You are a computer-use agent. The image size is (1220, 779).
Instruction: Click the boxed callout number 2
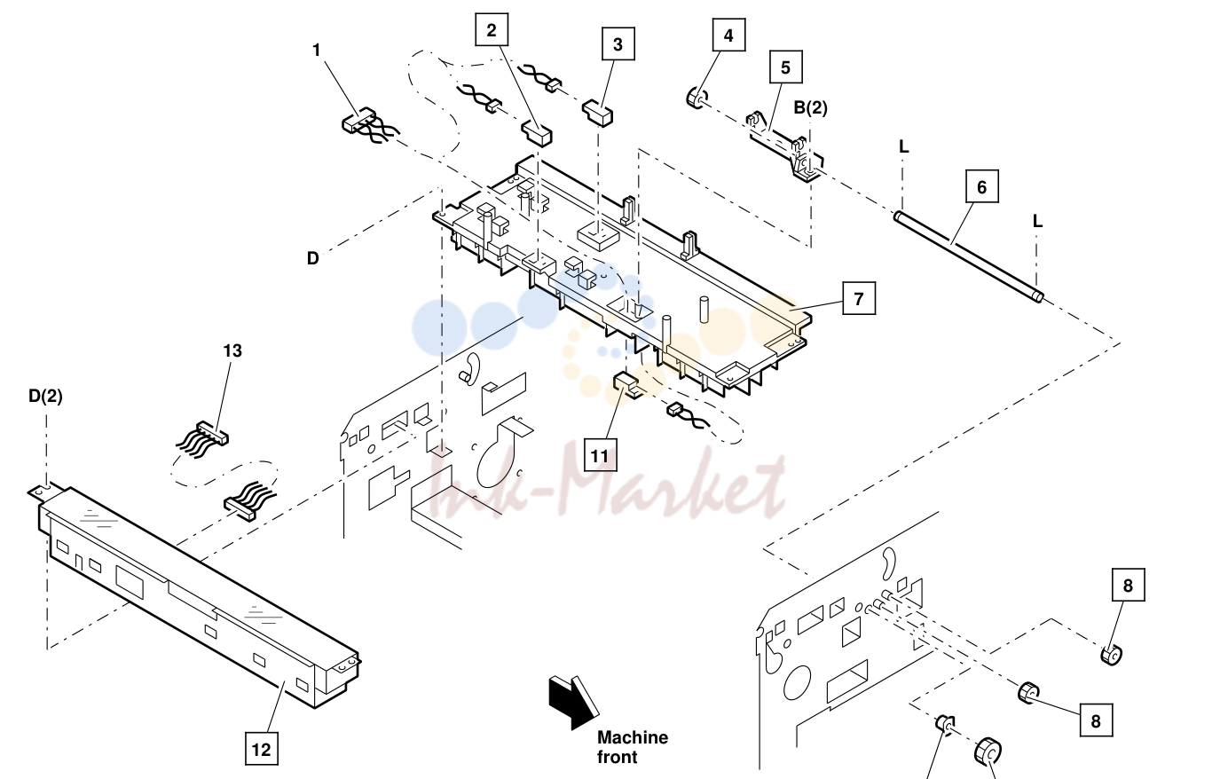point(492,30)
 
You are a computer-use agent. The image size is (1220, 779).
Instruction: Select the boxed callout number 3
point(618,44)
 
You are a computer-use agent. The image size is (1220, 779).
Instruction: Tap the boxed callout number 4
point(728,35)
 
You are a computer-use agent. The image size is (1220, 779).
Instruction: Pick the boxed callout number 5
point(785,67)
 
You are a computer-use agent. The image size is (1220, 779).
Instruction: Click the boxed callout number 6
point(982,186)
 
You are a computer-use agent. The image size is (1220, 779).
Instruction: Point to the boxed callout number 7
point(859,298)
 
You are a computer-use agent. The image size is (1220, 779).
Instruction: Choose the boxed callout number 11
point(600,455)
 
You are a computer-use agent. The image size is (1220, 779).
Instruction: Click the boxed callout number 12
point(262,749)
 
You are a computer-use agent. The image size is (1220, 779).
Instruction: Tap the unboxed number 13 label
point(232,350)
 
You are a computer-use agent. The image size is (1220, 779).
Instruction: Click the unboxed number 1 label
point(317,50)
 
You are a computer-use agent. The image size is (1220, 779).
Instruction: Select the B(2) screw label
point(810,108)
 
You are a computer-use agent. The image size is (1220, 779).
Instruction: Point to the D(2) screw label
point(45,396)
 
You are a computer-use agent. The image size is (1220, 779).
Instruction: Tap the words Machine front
point(633,747)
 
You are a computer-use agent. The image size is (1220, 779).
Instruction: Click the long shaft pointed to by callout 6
point(968,256)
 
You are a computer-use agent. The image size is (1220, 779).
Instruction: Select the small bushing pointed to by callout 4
point(695,98)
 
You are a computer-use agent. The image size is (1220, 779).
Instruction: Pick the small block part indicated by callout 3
point(597,113)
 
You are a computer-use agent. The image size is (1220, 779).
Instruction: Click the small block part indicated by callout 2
point(537,133)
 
